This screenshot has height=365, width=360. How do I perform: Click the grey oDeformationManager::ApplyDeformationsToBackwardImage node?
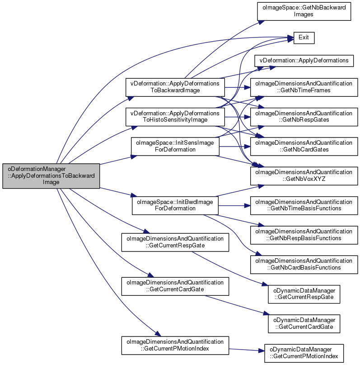click(51, 176)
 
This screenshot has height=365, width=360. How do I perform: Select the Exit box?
click(304, 38)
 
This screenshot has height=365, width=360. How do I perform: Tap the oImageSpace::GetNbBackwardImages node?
click(304, 11)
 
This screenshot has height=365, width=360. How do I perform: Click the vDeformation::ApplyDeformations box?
click(304, 61)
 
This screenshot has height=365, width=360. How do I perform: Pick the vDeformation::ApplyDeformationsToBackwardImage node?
click(175, 87)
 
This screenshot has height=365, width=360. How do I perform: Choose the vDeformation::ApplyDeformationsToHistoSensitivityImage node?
click(175, 117)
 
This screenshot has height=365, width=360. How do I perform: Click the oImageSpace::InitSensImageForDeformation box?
click(175, 147)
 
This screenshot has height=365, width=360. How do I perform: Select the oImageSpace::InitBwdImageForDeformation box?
click(175, 205)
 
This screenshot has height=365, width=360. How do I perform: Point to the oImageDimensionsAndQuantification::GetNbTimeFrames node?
click(304, 87)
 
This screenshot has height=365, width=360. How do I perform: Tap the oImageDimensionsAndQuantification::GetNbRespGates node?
click(304, 117)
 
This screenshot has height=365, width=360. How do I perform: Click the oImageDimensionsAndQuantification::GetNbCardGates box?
click(304, 147)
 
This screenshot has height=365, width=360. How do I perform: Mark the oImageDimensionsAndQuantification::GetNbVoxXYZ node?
click(304, 176)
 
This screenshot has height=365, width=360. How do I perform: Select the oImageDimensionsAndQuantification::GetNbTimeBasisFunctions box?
click(304, 205)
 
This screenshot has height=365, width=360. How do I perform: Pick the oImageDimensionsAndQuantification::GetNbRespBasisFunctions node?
click(304, 235)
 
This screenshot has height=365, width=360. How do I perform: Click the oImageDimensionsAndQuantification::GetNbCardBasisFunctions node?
click(304, 265)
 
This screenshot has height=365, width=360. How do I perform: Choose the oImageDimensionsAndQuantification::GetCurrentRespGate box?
click(175, 242)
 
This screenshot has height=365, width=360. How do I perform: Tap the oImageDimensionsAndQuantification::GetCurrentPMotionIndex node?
click(175, 346)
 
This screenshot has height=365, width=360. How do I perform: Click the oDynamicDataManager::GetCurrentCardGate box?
click(304, 324)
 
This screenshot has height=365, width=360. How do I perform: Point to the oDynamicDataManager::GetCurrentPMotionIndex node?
click(304, 353)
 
